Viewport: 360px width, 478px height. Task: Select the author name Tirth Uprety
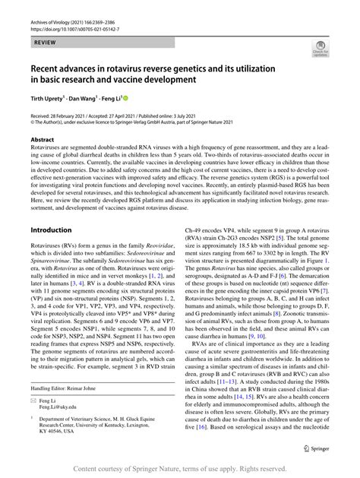coord(52,99)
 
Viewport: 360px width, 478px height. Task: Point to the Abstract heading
coord(43,140)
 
